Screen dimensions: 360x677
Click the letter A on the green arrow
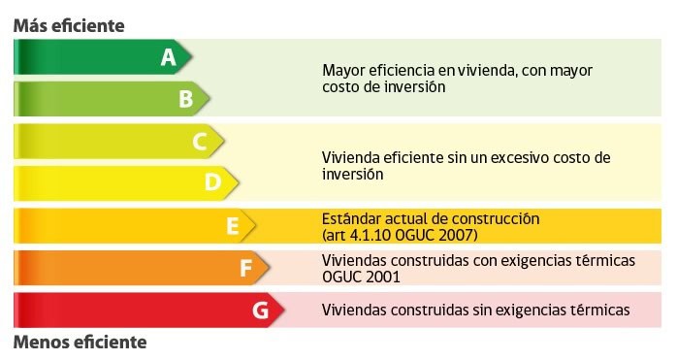168,57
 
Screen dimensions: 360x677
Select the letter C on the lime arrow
200,142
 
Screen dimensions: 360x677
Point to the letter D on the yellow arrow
213,181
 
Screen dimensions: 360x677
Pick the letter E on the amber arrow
232,226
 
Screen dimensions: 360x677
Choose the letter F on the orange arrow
245,268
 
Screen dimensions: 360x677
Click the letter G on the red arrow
259,311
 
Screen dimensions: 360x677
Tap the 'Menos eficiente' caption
80,342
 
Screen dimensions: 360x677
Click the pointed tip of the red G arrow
284,311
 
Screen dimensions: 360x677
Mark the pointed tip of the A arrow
192,57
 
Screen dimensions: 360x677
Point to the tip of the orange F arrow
271,268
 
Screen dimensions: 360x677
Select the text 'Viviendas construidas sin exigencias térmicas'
475,311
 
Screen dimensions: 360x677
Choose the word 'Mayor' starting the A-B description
342,71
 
